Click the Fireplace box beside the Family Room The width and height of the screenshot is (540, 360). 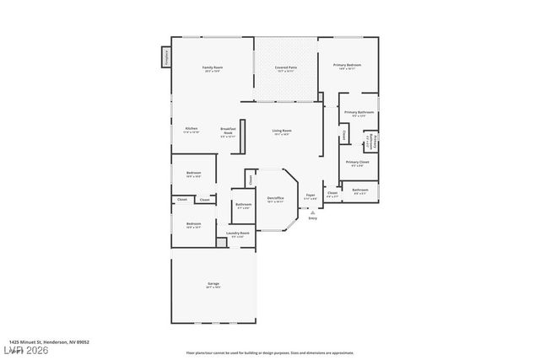(166, 57)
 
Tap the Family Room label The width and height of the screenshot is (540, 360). (212, 67)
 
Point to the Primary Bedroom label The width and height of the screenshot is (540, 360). (347, 65)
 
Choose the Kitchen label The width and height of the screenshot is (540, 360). (192, 129)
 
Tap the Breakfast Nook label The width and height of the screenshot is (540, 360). (228, 132)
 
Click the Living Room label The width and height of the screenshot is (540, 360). (282, 131)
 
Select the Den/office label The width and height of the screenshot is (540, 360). (275, 198)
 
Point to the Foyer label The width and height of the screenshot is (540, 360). (310, 196)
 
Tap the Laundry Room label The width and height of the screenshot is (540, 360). (238, 233)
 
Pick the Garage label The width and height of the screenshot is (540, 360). (213, 283)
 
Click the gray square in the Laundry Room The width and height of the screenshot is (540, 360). (221, 242)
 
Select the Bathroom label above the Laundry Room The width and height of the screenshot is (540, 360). (243, 204)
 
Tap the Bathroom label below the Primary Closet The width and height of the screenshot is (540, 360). (360, 190)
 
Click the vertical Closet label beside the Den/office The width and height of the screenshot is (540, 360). (251, 179)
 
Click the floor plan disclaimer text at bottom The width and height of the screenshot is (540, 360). (270, 352)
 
